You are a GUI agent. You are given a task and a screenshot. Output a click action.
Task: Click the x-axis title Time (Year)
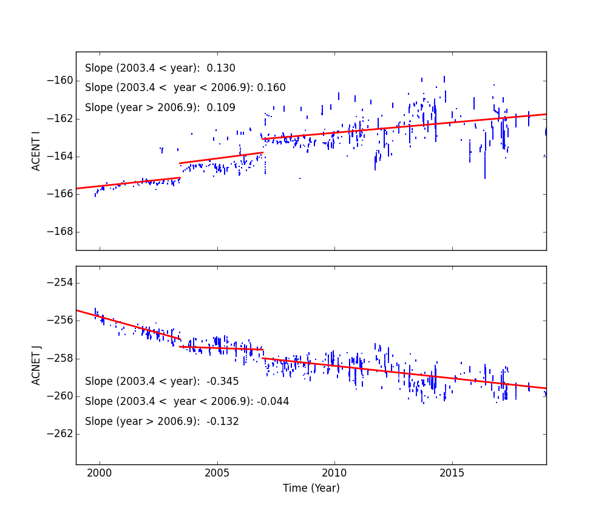[311, 488]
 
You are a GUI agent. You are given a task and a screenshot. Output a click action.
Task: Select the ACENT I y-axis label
[36, 151]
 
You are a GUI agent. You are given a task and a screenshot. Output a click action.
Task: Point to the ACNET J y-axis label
[36, 365]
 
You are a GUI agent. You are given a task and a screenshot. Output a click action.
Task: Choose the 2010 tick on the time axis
[334, 472]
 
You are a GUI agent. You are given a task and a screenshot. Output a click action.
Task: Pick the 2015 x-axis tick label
[452, 472]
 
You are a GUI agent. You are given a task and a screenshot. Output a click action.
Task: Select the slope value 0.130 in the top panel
[222, 69]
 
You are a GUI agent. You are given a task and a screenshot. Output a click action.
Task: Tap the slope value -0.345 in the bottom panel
[223, 382]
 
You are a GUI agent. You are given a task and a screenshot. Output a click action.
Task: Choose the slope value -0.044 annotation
[273, 402]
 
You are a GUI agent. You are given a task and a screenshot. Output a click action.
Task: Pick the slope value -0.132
[223, 422]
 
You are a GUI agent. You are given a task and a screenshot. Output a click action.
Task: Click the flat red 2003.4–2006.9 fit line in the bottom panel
[222, 348]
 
